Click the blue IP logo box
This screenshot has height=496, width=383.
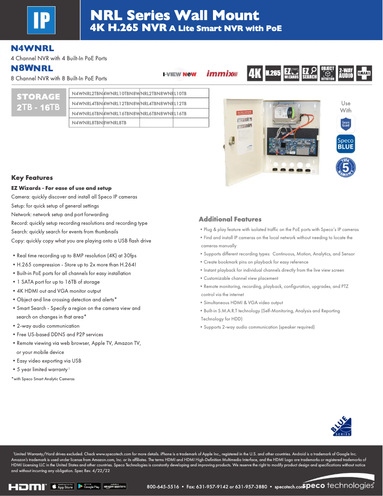(x=41, y=20)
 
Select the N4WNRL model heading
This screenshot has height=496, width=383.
(x=32, y=48)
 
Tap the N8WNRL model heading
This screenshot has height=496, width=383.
(x=32, y=68)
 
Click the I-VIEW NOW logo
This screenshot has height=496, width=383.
(x=180, y=74)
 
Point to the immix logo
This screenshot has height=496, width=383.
(x=222, y=74)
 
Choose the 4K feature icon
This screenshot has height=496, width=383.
(x=255, y=73)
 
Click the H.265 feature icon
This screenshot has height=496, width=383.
(x=273, y=73)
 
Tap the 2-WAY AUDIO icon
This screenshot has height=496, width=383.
(x=346, y=73)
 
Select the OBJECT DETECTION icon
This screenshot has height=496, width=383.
(x=328, y=73)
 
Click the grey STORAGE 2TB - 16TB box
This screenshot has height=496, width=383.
(x=39, y=102)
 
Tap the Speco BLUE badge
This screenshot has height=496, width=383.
(x=346, y=144)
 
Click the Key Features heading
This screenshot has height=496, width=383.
(x=32, y=177)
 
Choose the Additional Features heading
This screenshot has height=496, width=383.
(x=230, y=219)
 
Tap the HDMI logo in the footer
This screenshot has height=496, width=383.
(x=27, y=486)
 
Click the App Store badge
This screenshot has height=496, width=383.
(x=62, y=486)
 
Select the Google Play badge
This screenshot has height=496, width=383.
(x=89, y=486)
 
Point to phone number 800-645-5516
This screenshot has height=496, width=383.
(x=163, y=486)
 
